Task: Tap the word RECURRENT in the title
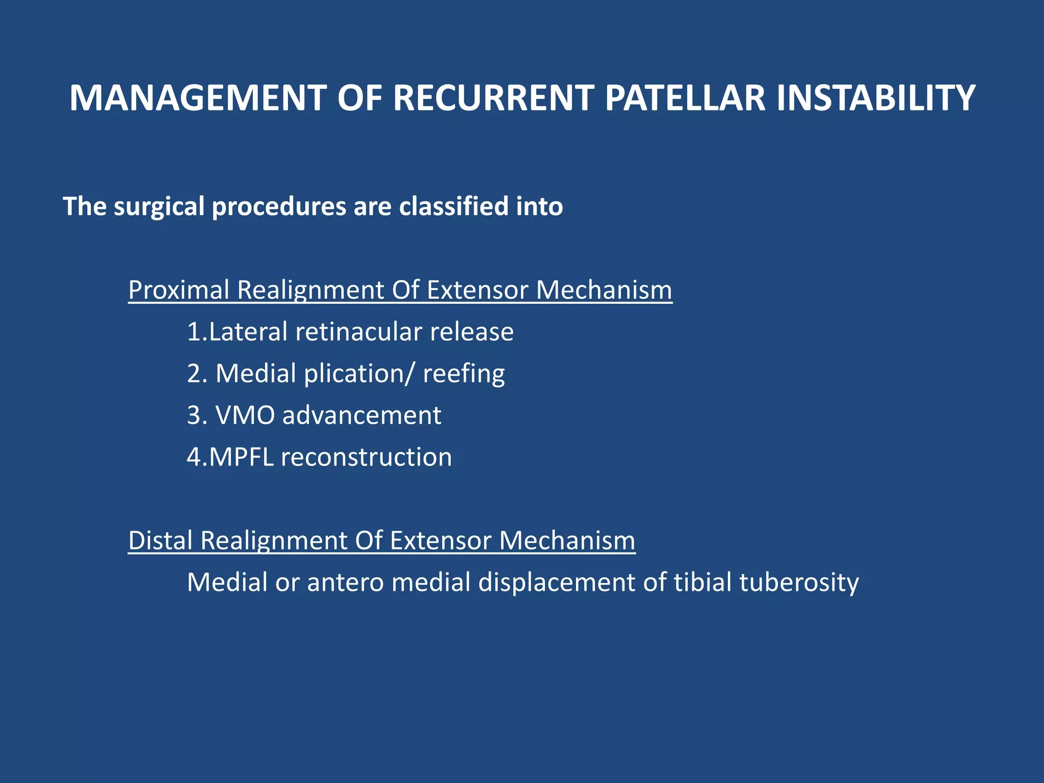point(493,98)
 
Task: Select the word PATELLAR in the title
point(685,98)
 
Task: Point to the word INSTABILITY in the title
point(876,98)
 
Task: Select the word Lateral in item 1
point(248,332)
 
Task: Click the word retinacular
point(359,332)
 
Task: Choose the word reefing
point(463,374)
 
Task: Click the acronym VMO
point(245,415)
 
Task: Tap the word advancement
point(362,415)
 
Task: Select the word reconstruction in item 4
point(366,457)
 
